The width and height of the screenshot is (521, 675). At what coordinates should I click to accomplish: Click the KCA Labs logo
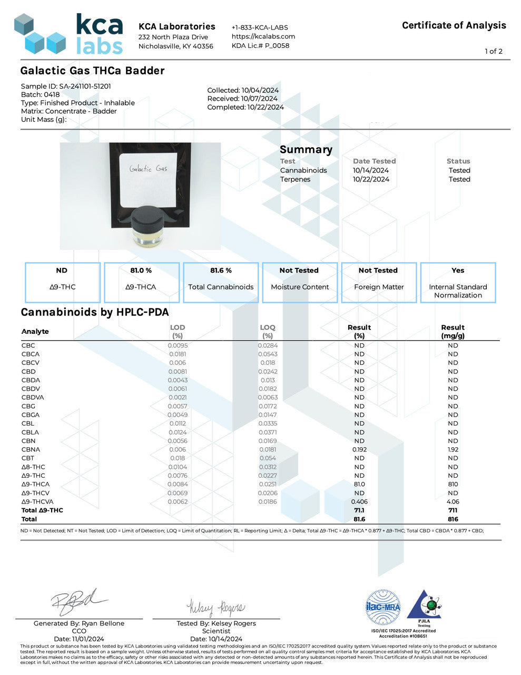(x=68, y=34)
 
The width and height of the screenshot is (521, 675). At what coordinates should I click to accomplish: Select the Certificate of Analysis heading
(x=454, y=25)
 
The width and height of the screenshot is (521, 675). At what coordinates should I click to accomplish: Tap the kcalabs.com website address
(x=263, y=36)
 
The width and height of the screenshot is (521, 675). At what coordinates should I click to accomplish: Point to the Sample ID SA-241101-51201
(x=66, y=86)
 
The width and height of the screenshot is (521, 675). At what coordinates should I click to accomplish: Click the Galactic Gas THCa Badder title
(x=92, y=71)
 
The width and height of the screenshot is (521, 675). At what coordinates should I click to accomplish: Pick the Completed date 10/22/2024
(x=245, y=107)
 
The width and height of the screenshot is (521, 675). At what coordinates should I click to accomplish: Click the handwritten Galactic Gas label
(x=148, y=169)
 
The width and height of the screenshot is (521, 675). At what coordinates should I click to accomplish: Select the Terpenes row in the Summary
(x=295, y=179)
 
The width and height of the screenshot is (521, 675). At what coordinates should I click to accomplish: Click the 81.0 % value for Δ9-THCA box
(x=141, y=271)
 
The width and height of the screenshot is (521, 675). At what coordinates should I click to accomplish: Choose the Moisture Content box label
(x=300, y=287)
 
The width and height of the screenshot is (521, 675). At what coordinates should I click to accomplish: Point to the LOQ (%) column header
(x=268, y=331)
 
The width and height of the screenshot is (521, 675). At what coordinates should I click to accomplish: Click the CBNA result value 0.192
(x=359, y=449)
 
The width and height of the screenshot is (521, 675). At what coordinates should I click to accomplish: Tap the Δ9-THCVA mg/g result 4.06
(x=453, y=502)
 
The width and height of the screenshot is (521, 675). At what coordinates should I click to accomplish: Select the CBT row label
(x=28, y=458)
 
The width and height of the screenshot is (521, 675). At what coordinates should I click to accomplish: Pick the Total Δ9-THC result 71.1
(x=359, y=510)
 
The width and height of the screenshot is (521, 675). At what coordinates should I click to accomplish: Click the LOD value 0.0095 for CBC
(x=178, y=345)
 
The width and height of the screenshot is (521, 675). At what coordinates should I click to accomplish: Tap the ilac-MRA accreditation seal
(x=383, y=607)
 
